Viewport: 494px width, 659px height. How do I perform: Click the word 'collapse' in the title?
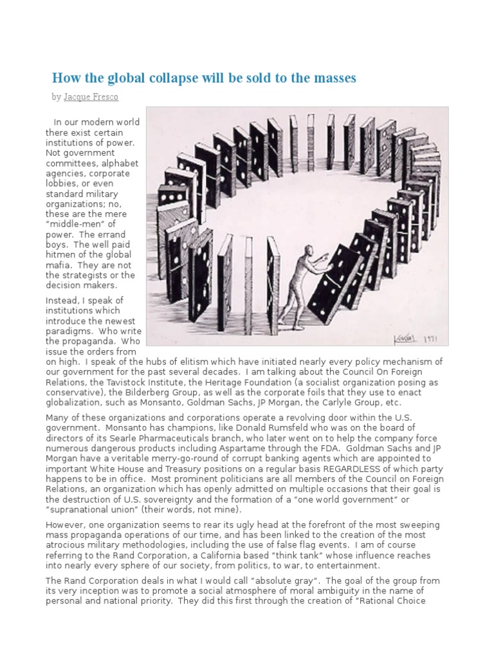(170, 79)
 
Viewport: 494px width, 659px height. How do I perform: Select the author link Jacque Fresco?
(91, 97)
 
